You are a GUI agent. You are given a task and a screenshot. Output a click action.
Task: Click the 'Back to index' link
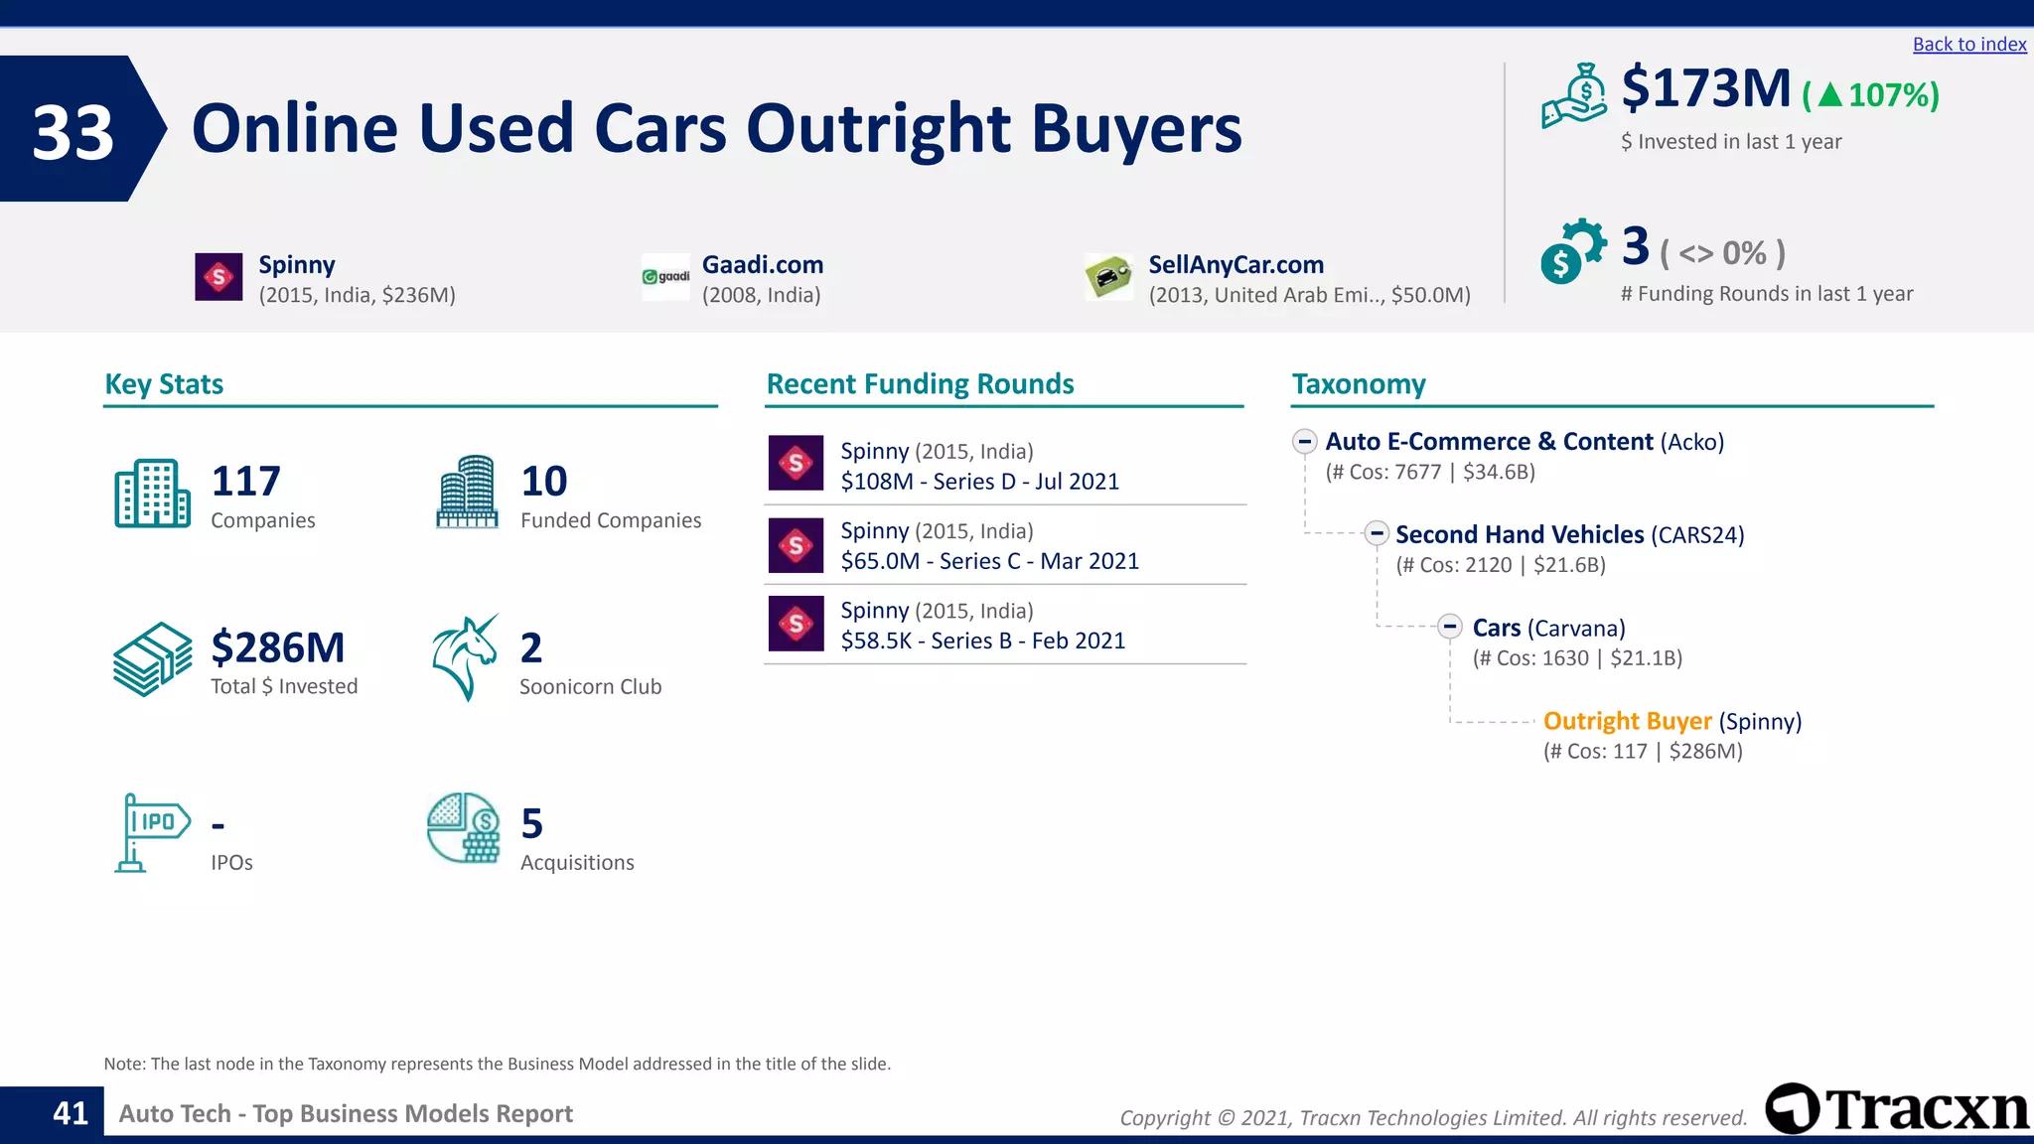click(1968, 45)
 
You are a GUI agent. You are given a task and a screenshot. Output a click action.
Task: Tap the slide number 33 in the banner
click(73, 132)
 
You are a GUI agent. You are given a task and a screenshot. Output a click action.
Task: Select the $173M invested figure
click(1705, 88)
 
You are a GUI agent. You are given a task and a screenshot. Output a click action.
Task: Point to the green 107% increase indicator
click(1871, 95)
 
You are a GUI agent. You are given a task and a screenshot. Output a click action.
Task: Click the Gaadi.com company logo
click(665, 277)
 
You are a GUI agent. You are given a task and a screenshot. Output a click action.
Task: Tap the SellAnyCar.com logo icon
click(1108, 277)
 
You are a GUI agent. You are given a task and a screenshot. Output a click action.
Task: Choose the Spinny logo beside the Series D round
click(796, 463)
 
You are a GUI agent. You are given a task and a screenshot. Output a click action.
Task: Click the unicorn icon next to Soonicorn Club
click(465, 657)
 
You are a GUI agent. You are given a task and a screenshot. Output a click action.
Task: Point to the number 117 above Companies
click(246, 482)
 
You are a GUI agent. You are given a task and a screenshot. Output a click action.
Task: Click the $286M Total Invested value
click(278, 647)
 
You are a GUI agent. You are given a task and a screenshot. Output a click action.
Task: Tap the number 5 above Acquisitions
click(532, 824)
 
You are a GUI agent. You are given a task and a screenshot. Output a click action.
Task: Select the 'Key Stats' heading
click(164, 384)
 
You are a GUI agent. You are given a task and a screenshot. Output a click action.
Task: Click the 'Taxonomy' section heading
click(1359, 384)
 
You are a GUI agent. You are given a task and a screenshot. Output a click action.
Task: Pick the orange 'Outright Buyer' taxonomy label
click(1627, 721)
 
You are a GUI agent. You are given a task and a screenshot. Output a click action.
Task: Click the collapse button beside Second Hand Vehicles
click(1376, 533)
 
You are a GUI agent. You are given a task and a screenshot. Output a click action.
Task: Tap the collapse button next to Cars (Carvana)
click(1450, 627)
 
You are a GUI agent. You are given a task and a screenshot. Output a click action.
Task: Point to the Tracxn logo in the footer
click(1897, 1108)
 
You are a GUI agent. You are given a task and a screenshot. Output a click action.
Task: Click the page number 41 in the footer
click(71, 1113)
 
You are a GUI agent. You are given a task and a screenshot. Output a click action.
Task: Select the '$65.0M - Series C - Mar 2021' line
click(989, 561)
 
